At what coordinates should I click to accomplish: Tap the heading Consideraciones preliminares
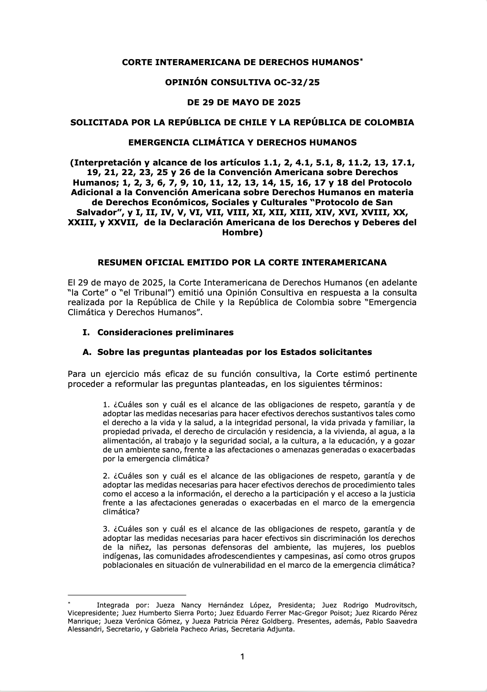click(x=165, y=332)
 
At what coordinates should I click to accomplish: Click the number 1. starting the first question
click(x=106, y=405)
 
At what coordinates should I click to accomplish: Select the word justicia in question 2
click(x=402, y=494)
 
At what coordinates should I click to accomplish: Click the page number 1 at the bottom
click(x=242, y=657)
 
